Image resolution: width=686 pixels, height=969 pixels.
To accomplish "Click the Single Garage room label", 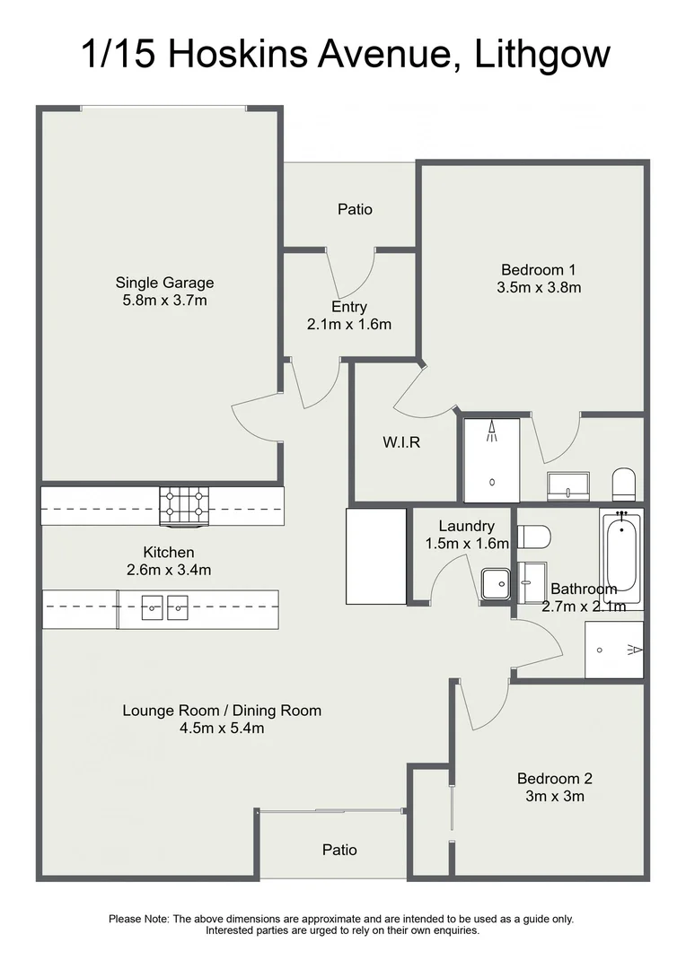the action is [164, 283].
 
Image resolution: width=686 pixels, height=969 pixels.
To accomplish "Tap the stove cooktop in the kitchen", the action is [184, 506].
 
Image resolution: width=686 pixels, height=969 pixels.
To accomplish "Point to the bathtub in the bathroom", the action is [621, 559].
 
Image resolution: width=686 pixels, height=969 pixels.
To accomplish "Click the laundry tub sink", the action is [496, 584].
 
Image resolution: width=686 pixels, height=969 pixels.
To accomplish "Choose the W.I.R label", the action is [401, 442].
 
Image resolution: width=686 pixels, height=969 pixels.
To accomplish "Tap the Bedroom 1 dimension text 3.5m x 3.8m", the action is [539, 287].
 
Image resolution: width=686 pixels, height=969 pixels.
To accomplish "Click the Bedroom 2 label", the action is [555, 779].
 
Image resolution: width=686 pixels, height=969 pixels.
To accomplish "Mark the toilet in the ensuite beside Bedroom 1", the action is [623, 484].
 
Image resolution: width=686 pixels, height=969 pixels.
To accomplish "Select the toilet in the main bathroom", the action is [534, 537].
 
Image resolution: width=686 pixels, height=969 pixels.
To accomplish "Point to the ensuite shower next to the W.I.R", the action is [492, 459].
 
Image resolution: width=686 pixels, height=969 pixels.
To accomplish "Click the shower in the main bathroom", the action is [614, 650].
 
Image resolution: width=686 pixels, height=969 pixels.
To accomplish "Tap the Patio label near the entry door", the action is [355, 209].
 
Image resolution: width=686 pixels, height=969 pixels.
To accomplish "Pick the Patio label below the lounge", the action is [339, 851].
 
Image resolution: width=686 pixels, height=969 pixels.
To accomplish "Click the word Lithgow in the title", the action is [542, 55].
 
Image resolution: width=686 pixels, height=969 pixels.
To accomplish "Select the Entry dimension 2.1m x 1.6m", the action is [349, 325].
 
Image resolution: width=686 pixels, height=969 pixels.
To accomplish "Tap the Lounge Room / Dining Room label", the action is [222, 711].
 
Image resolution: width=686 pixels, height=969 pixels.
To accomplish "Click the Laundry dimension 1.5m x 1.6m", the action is [467, 544].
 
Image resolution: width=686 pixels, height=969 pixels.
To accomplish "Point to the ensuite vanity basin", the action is [568, 485].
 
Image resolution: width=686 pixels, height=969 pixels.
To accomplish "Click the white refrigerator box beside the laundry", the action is [376, 556].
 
